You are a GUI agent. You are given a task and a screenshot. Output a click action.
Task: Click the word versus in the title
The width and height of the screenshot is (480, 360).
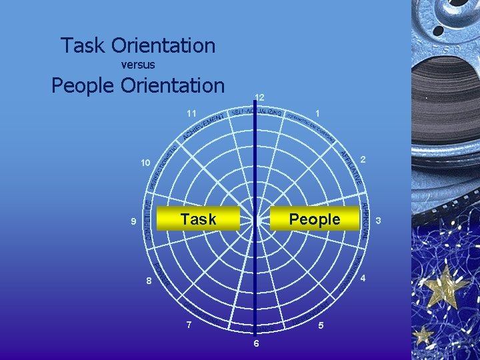139,65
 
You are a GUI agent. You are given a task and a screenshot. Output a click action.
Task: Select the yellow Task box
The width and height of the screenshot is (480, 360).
197,219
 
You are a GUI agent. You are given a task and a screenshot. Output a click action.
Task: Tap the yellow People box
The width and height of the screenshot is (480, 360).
314,219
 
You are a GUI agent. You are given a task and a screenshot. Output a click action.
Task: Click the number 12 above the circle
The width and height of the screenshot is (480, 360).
259,97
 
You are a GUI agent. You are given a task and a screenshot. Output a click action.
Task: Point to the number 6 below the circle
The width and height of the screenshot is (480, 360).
256,344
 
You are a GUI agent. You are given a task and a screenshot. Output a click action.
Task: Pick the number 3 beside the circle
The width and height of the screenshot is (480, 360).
378,220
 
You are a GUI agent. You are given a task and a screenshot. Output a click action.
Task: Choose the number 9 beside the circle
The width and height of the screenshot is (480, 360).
133,221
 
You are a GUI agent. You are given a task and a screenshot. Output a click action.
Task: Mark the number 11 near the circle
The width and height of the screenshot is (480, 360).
191,113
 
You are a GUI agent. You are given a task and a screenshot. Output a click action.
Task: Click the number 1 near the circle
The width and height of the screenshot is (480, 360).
319,113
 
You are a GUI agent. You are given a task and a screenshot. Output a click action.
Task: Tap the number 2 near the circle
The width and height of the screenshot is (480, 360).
363,160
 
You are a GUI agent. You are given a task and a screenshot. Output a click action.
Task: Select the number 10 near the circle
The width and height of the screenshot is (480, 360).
145,163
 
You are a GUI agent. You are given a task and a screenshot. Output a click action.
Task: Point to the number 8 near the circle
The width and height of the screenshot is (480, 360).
149,281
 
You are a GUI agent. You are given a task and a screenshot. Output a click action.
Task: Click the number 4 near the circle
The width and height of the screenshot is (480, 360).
363,279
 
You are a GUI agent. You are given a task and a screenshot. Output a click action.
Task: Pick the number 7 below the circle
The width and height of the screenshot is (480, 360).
189,325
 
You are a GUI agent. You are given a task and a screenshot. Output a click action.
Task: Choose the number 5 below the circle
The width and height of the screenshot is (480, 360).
321,326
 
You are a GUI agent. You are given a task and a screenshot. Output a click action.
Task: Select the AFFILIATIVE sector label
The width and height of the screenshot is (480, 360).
352,167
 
